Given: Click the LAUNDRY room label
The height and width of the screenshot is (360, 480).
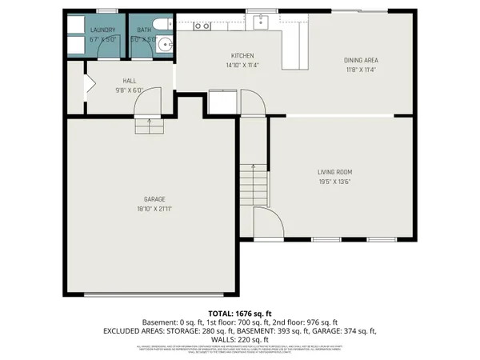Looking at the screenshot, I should [102, 30].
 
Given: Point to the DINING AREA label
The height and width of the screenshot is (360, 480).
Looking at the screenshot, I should [361, 60].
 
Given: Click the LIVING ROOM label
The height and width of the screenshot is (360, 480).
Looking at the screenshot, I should [336, 172].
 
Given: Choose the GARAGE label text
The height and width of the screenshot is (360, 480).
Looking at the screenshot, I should [154, 199].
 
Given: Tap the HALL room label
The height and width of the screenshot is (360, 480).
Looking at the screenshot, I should [129, 81].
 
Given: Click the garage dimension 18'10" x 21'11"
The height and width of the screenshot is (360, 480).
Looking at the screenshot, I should [154, 208].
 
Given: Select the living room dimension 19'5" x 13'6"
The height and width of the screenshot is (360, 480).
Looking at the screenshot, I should [336, 181].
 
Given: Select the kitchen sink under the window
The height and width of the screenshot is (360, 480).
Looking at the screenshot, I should [260, 23].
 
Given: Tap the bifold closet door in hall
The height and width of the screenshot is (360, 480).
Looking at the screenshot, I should [90, 83].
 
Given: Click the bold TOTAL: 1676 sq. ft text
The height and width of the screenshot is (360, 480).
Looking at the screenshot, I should [240, 313].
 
